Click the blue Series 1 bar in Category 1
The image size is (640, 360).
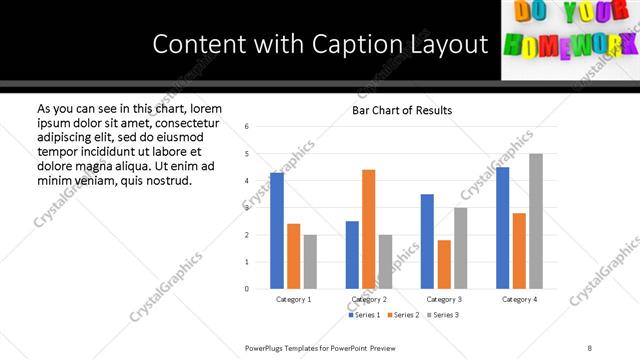277,231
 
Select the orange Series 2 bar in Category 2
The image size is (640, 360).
368,229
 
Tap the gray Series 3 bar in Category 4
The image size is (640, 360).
535,221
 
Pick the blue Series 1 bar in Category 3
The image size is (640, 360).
427,241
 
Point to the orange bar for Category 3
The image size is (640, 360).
444,264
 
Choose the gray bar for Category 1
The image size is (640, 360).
310,262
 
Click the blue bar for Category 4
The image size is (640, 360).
502,228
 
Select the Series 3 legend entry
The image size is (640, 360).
445,315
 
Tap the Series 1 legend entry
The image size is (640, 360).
365,315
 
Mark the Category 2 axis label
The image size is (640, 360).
369,299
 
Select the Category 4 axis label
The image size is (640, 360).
519,299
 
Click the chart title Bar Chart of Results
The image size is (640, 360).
402,110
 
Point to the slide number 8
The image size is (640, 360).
590,348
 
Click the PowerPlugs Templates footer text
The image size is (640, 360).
320,348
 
